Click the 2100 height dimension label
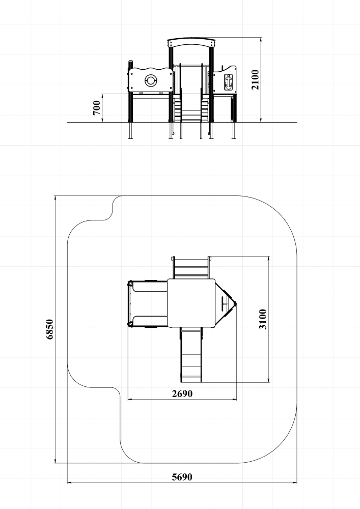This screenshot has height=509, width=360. [x=255, y=79]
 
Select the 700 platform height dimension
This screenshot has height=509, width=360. [x=96, y=108]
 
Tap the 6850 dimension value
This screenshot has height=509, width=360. [x=49, y=329]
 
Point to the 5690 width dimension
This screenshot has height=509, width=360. [x=182, y=477]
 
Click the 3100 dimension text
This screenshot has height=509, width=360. [x=263, y=319]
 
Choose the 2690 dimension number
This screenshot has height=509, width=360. [x=182, y=393]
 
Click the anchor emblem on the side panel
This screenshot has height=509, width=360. [x=229, y=81]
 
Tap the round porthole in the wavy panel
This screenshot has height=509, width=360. [x=150, y=80]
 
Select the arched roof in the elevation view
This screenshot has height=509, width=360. [x=191, y=43]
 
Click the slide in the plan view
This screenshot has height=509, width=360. [x=191, y=354]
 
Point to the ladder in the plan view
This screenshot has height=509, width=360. [x=191, y=268]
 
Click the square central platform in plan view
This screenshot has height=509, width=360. [x=191, y=303]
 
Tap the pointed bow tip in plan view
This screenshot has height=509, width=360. [x=236, y=304]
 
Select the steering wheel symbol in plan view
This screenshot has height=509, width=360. [x=224, y=304]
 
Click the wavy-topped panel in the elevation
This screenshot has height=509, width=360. [x=150, y=79]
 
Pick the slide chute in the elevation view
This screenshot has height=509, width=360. [x=191, y=93]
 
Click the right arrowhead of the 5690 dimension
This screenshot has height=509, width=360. [x=295, y=483]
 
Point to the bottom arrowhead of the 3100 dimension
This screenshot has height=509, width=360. [x=268, y=380]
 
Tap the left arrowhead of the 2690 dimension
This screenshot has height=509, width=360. [x=130, y=399]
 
